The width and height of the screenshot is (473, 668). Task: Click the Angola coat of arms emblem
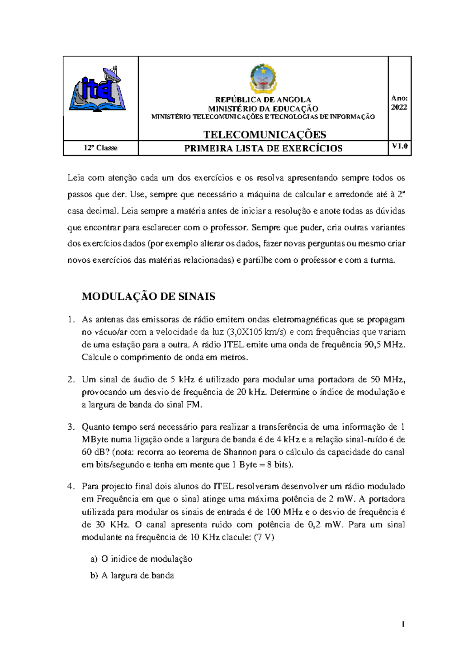tap(263, 79)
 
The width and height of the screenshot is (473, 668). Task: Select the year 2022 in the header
tap(399, 108)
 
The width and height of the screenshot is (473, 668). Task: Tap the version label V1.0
tap(400, 147)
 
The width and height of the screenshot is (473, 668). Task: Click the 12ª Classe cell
tap(101, 148)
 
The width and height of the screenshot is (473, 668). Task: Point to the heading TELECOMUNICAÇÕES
tap(264, 135)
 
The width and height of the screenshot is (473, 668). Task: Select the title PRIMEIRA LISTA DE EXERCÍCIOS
tap(263, 148)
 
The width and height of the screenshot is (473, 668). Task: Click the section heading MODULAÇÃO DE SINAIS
tap(148, 297)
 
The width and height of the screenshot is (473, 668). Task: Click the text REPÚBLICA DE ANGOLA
tap(263, 100)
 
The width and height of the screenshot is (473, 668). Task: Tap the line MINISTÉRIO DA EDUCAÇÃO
tap(263, 109)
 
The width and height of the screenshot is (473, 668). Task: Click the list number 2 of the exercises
tap(71, 380)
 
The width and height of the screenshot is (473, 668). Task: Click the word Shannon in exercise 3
tap(240, 452)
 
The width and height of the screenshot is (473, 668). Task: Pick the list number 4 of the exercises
tap(71, 486)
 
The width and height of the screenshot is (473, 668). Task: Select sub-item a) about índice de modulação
tap(141, 559)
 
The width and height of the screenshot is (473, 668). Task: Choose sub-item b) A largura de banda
tap(132, 575)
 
